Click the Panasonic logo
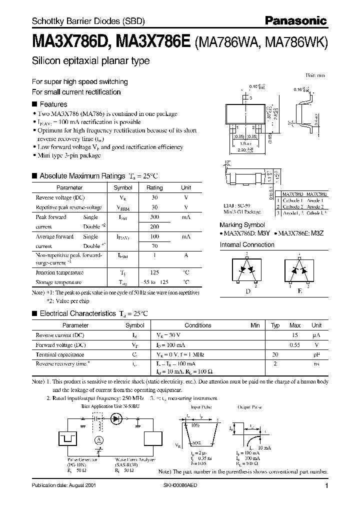296,20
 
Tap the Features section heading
53,104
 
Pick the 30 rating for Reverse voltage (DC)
154,197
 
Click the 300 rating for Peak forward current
154,217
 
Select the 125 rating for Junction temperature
154,272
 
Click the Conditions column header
198,325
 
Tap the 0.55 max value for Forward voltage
295,345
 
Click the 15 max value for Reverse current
295,335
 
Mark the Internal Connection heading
247,245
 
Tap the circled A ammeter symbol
99,439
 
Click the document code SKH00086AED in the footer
189,485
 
